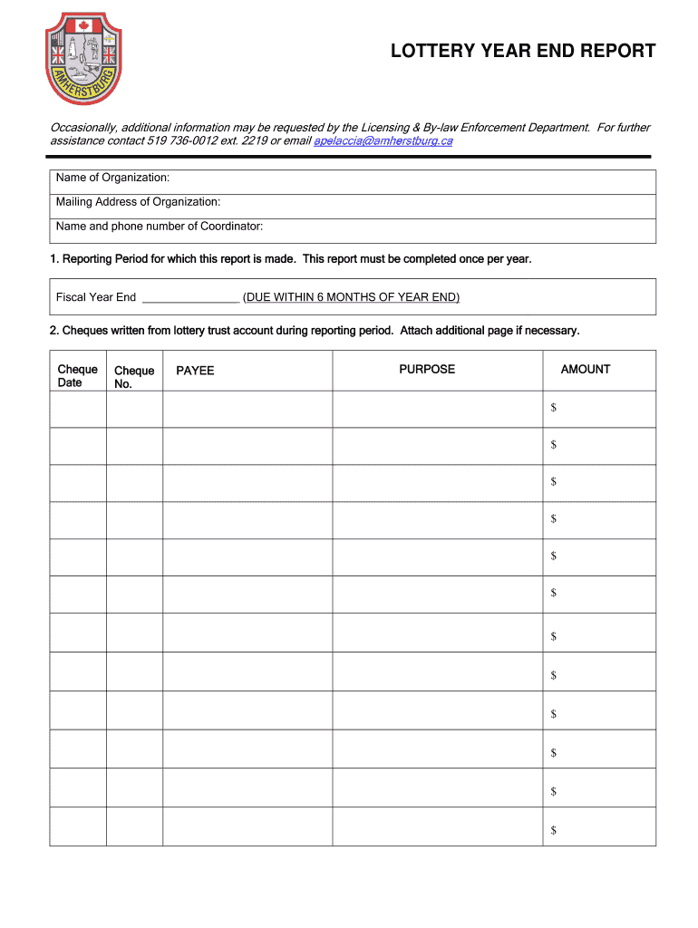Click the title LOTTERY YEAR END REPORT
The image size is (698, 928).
coord(523,51)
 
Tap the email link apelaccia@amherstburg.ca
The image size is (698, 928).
coord(383,141)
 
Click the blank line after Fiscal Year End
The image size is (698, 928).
coord(190,297)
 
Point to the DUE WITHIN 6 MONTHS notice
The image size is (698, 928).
coord(351,297)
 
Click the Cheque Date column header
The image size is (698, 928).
coord(77,375)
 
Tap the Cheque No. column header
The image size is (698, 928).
coord(134,377)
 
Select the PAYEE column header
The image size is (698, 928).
coord(195,371)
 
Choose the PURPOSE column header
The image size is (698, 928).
coord(427,369)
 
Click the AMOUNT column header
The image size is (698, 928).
coord(586,369)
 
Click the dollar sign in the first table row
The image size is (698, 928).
coord(553,408)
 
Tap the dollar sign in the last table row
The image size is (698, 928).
coord(553,830)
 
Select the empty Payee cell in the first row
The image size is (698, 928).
coord(247,409)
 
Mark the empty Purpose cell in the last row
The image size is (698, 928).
coord(437,826)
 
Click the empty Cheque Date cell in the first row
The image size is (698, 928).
coord(78,409)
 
